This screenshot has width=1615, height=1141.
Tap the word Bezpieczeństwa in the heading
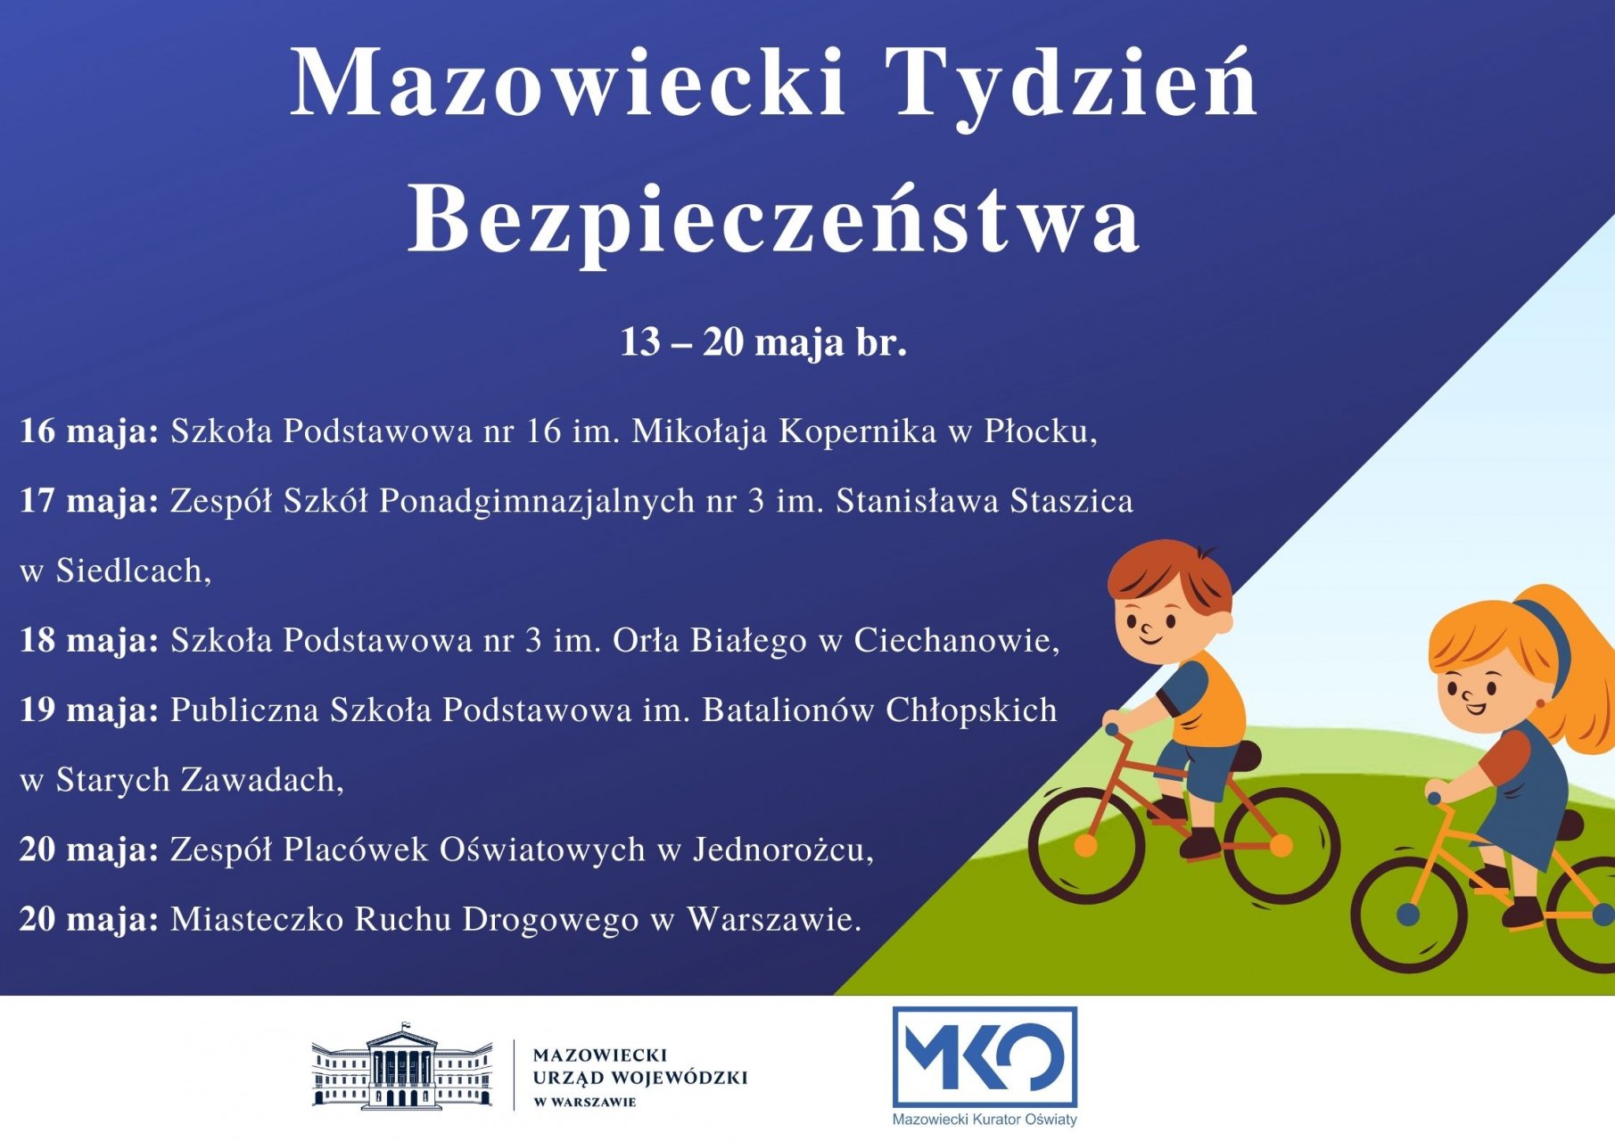click(x=774, y=221)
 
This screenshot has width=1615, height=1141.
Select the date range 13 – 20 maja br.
click(x=763, y=342)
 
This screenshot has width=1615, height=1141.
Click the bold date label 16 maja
click(x=89, y=431)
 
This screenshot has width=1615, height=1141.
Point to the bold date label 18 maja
click(x=89, y=640)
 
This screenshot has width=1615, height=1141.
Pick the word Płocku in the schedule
click(x=1041, y=431)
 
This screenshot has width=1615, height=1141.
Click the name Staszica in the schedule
click(x=1072, y=501)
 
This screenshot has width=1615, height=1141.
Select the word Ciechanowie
click(x=957, y=640)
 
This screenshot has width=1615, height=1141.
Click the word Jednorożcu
click(x=783, y=850)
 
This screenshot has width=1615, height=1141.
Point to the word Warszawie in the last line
click(x=774, y=919)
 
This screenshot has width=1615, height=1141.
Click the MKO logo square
click(x=985, y=1056)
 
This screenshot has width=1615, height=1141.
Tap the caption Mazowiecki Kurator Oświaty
click(x=985, y=1120)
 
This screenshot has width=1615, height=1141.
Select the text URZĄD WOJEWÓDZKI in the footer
click(x=639, y=1078)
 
